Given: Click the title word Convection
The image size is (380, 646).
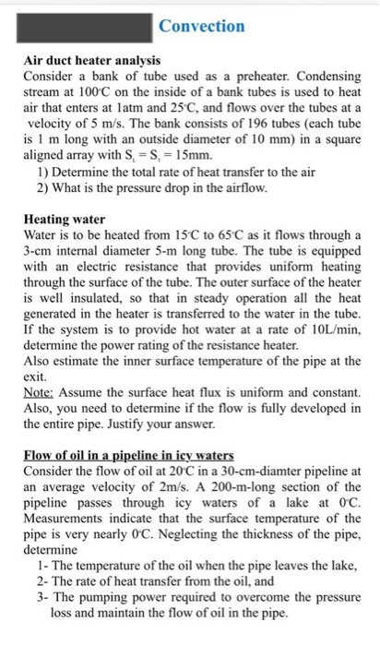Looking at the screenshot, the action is [201, 26].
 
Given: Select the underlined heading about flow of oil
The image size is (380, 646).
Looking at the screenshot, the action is [127, 454].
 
